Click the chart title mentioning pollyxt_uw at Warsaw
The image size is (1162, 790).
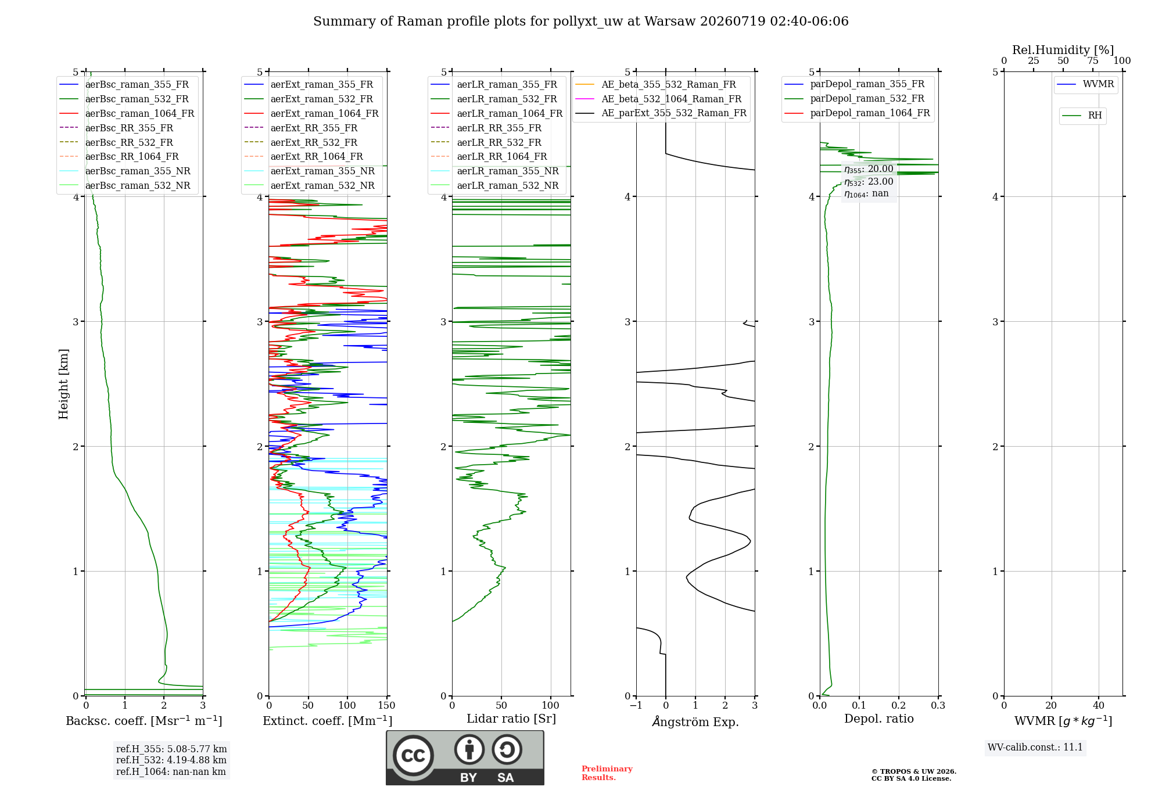pyautogui.click(x=580, y=21)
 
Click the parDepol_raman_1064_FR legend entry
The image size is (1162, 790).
pyautogui.click(x=857, y=113)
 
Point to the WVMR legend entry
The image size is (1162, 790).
pyautogui.click(x=1085, y=84)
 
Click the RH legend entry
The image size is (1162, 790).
pyautogui.click(x=1082, y=116)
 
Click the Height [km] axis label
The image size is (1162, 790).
pyautogui.click(x=63, y=384)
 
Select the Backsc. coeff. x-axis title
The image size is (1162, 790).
pyautogui.click(x=144, y=721)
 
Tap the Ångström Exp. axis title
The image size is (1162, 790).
pyautogui.click(x=695, y=721)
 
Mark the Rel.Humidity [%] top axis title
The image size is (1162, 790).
pyautogui.click(x=1063, y=50)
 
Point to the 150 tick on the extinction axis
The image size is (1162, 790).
pyautogui.click(x=386, y=706)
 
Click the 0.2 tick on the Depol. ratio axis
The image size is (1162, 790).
pyautogui.click(x=899, y=706)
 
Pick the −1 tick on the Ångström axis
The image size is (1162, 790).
pyautogui.click(x=636, y=706)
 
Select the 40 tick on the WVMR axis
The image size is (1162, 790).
pyautogui.click(x=1099, y=706)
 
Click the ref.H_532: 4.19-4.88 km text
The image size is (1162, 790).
pyautogui.click(x=171, y=760)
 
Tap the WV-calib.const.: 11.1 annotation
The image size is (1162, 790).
pyautogui.click(x=1035, y=747)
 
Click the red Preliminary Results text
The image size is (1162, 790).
pyautogui.click(x=607, y=773)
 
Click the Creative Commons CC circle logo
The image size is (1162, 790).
pyautogui.click(x=413, y=756)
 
